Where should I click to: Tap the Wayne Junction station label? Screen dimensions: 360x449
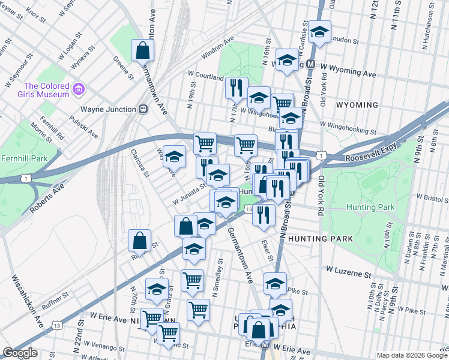coord(109,109)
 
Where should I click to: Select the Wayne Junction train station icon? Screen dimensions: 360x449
coord(143,109)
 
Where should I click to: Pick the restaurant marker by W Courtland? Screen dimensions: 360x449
coord(237,88)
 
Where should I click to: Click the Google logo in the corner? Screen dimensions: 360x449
coord(20,353)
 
